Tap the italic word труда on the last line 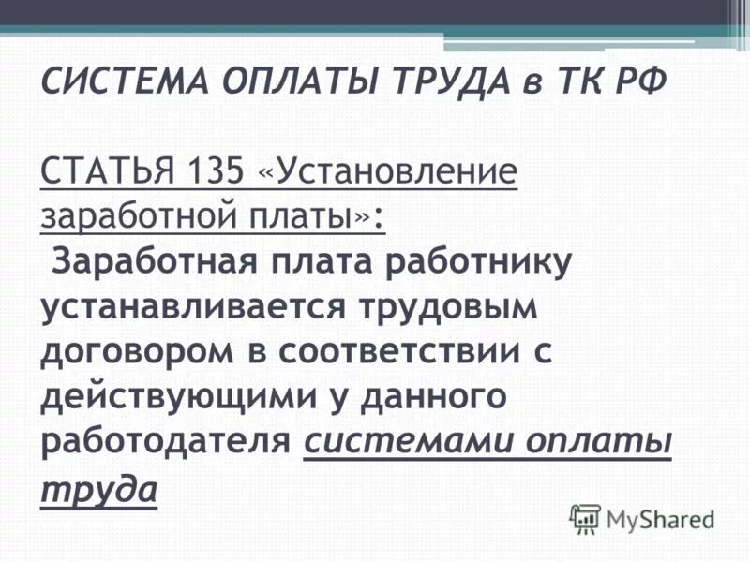97,487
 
